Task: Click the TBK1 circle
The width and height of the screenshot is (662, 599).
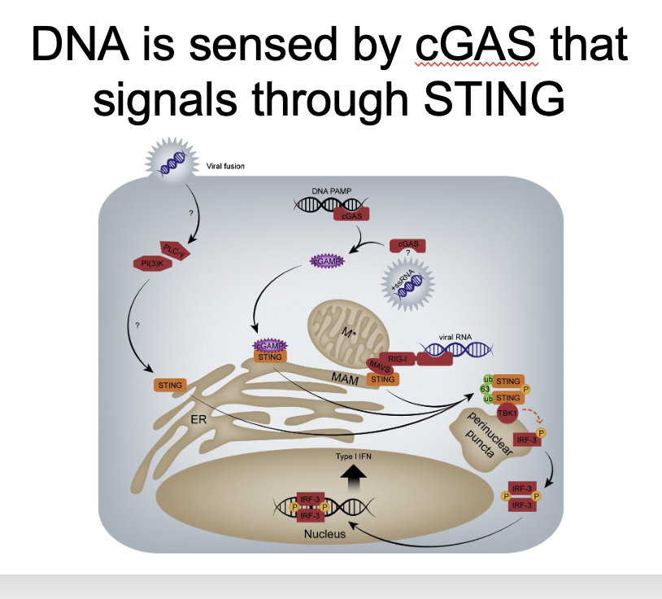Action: [508, 413]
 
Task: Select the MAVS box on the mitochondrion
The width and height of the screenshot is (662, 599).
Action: [376, 365]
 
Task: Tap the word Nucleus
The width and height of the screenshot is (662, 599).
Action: [325, 534]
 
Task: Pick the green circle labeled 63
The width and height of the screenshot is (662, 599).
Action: [485, 390]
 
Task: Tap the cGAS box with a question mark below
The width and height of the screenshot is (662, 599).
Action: [408, 245]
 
